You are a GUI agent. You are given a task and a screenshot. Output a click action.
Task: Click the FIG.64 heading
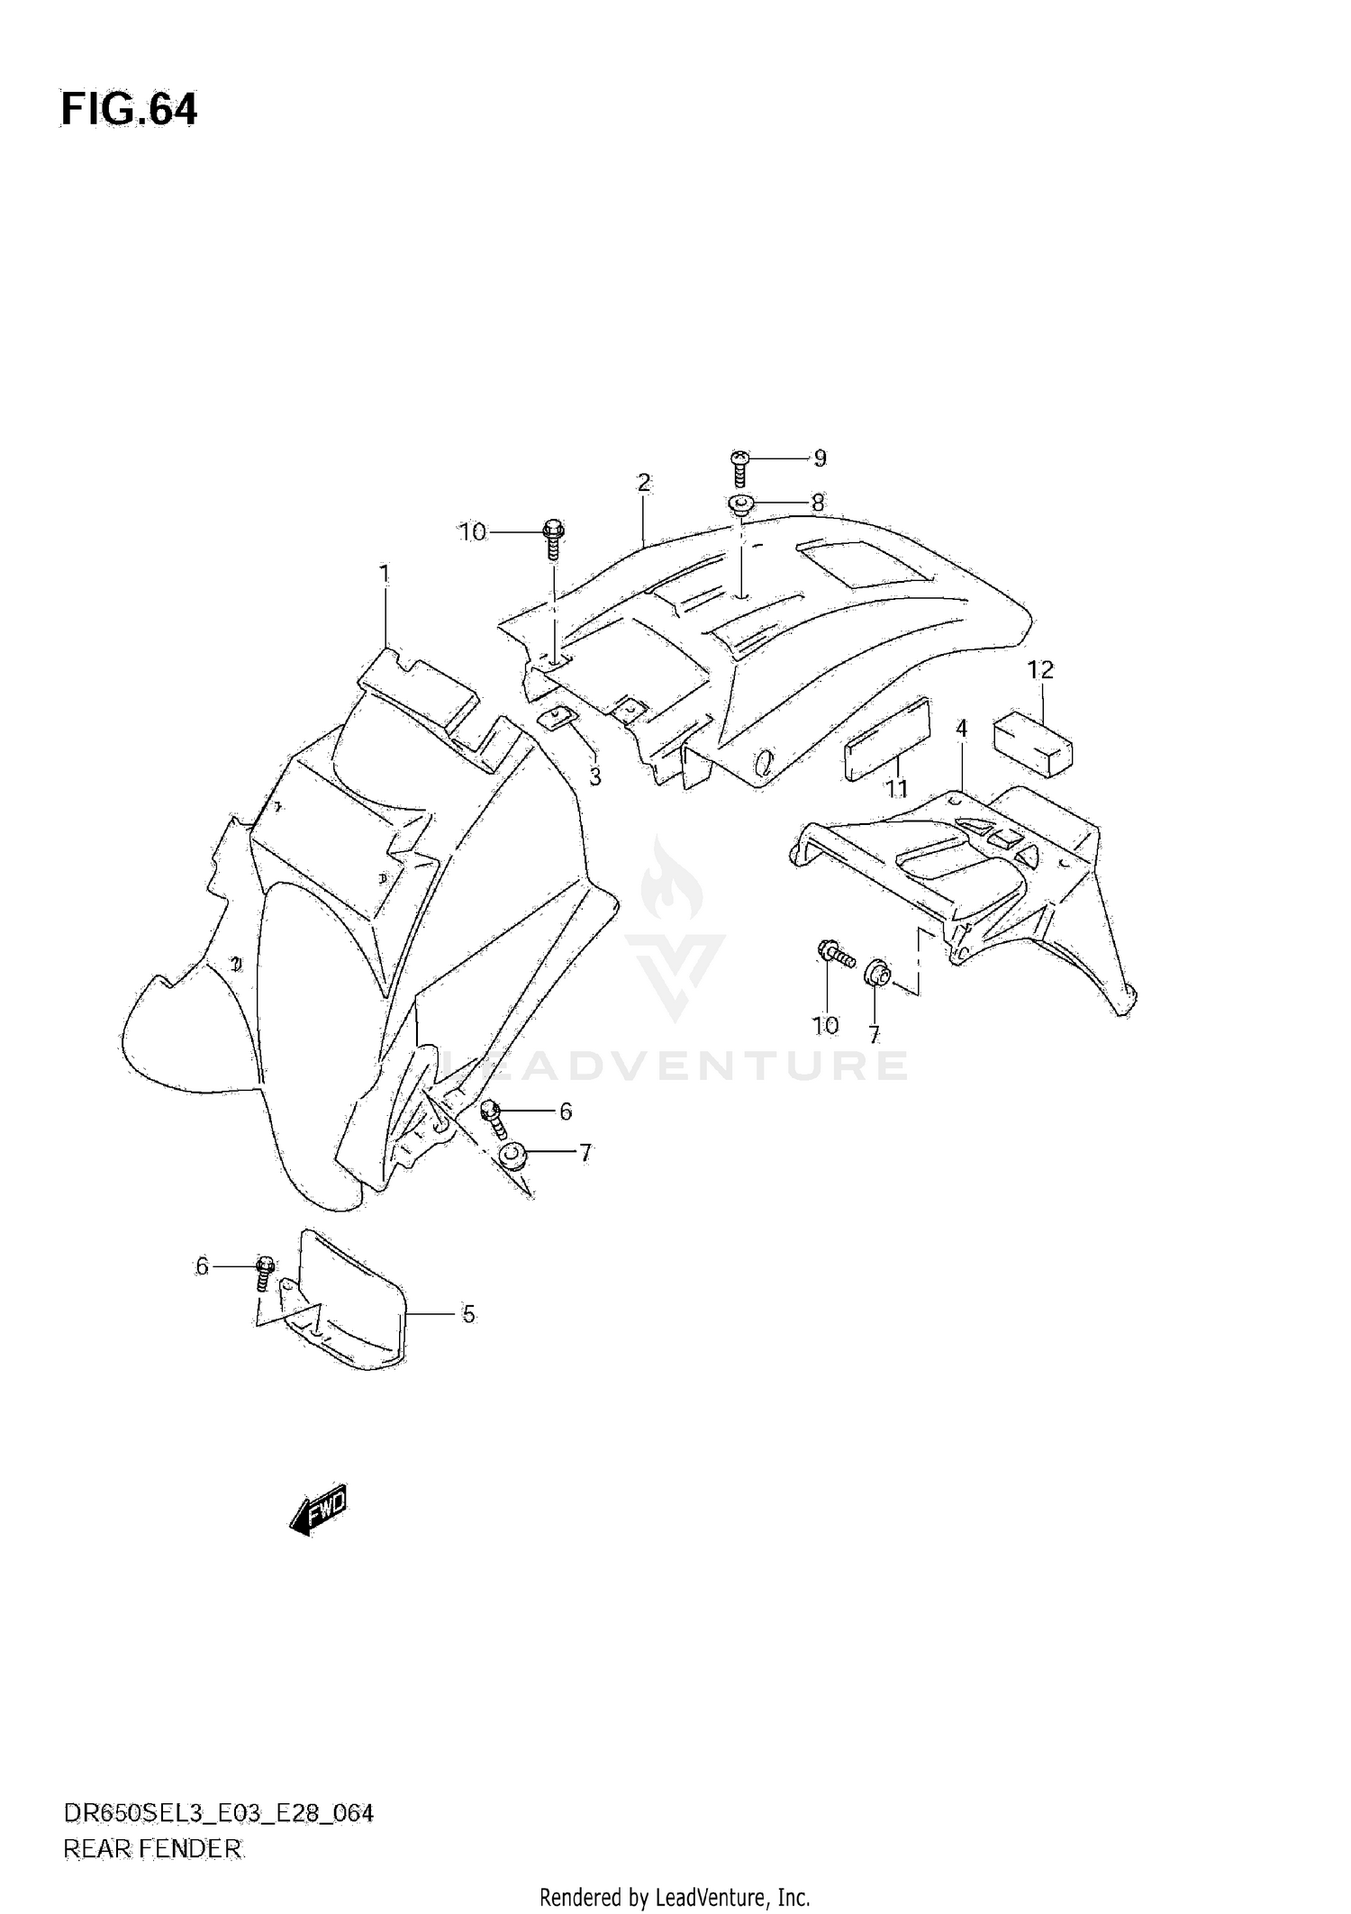(x=129, y=110)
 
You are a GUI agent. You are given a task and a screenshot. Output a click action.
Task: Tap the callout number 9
(x=820, y=458)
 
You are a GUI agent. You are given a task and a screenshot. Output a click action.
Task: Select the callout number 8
(x=817, y=503)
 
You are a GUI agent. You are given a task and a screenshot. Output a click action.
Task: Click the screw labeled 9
(x=739, y=467)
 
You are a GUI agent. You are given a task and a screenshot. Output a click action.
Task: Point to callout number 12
(x=1040, y=670)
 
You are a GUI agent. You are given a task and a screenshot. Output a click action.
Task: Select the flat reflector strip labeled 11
(x=886, y=739)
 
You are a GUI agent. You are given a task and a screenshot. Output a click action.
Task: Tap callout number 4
(x=961, y=728)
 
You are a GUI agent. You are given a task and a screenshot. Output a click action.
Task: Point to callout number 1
(x=385, y=574)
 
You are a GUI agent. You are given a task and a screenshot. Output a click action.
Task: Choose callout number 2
(x=643, y=483)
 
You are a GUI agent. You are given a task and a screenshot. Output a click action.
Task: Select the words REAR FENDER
(x=152, y=1849)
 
